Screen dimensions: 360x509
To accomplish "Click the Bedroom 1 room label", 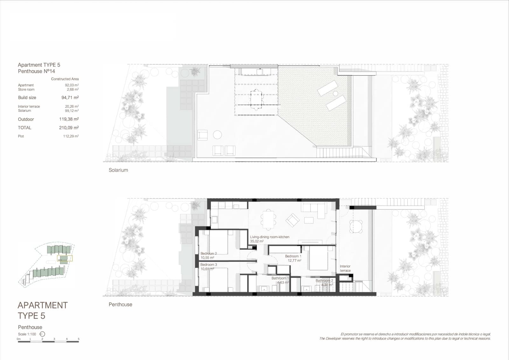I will pos(293,256).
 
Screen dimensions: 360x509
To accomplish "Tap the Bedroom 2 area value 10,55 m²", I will pos(207,258).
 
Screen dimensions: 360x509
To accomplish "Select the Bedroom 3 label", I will pos(209,265).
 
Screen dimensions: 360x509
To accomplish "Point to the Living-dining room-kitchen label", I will pos(269,237).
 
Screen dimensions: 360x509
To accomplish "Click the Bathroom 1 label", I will pos(280,278).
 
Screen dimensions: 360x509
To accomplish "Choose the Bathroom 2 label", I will pos(324,281).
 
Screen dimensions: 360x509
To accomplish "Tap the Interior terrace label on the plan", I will pos(345,268).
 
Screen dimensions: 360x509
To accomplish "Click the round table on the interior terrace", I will pos(356,227).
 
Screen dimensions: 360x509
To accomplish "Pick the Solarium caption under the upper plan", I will pos(118,170).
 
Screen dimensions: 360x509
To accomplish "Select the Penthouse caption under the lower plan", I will pos(120,304).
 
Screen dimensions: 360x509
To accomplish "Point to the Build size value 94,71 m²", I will pos(70,98).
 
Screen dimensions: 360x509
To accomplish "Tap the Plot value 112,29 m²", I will pos(71,136).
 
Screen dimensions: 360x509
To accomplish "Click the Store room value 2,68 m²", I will pos(73,89).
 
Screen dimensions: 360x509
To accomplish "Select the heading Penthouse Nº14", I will pos(36,71).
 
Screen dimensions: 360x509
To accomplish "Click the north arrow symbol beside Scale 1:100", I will pos(42,334).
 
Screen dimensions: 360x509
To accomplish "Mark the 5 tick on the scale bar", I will pos(79,339).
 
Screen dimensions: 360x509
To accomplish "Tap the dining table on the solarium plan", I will pos(257,99).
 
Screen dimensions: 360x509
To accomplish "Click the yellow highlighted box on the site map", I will pos(65,258).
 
